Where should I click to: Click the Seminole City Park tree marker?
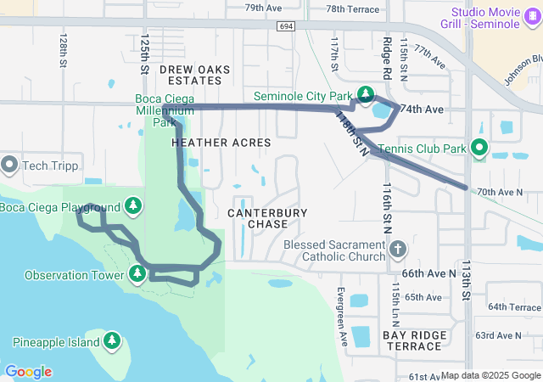[x=365, y=93]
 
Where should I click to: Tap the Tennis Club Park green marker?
[x=479, y=149]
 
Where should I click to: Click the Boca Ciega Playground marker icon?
[x=132, y=206]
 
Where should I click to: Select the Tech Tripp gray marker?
[x=10, y=164]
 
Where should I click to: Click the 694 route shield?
[x=286, y=27]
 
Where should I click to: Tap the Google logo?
[x=28, y=372]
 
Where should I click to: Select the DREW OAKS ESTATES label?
[x=190, y=74]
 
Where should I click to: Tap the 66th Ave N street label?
[x=428, y=273]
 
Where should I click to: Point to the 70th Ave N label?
[x=500, y=193]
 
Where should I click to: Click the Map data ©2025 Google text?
[x=490, y=375]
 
